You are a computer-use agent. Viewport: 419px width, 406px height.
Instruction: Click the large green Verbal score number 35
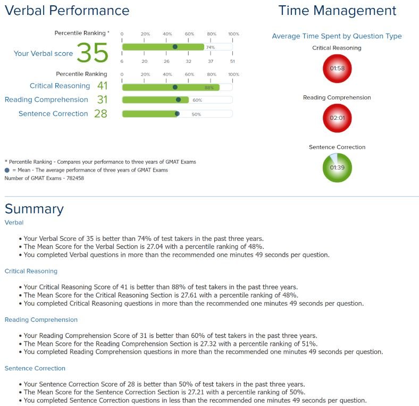[x=93, y=53]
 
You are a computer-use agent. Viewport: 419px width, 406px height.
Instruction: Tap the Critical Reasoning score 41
[x=102, y=86]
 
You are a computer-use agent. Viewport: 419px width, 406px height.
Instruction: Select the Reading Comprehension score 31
[x=102, y=100]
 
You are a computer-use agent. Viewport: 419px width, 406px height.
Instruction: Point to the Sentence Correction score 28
[x=100, y=113]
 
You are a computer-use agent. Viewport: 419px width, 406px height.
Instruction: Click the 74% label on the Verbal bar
[x=211, y=47]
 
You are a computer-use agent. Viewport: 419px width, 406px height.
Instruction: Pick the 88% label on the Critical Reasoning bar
[x=209, y=87]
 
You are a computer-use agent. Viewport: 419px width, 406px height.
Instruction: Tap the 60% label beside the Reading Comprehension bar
[x=197, y=100]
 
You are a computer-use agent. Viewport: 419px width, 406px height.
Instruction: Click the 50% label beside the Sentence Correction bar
[x=196, y=114]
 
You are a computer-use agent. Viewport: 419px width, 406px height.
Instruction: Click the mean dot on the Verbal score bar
[x=175, y=47]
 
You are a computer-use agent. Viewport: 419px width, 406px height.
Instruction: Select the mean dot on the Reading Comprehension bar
[x=179, y=100]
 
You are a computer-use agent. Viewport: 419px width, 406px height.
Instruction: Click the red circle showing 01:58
[x=337, y=69]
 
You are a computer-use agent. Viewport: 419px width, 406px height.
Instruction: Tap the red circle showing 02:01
[x=337, y=118]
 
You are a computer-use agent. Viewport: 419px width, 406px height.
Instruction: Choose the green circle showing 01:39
[x=337, y=168]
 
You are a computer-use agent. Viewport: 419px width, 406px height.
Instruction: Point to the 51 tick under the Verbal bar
[x=232, y=61]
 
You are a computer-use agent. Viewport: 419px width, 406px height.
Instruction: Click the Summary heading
[x=34, y=209]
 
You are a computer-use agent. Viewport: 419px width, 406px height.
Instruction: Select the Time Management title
[x=337, y=11]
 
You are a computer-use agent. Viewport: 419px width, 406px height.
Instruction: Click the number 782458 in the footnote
[x=75, y=178]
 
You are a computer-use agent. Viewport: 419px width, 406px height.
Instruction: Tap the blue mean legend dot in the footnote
[x=7, y=170]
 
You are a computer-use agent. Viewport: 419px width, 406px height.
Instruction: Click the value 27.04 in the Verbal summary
[x=155, y=246]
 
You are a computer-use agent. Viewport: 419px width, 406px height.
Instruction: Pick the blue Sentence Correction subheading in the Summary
[x=35, y=368]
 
